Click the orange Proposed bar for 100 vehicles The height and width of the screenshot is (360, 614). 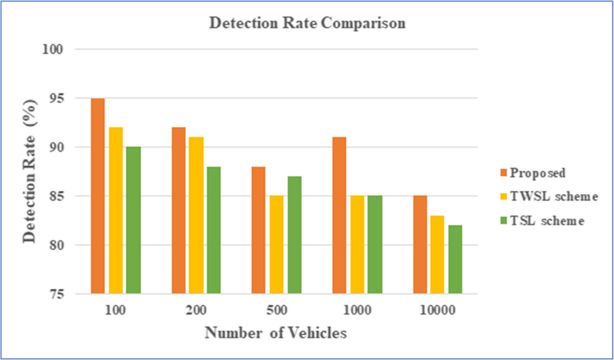click(x=98, y=196)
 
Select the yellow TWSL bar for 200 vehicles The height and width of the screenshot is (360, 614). click(x=197, y=215)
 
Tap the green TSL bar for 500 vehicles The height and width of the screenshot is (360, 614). click(x=294, y=235)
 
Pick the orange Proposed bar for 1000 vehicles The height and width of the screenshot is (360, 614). click(x=339, y=215)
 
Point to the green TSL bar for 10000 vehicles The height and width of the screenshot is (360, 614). click(x=455, y=260)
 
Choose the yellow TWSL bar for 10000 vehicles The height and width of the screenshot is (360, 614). click(x=437, y=255)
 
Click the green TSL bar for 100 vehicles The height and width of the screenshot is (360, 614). click(x=133, y=220)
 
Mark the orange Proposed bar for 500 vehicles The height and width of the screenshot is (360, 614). click(x=258, y=230)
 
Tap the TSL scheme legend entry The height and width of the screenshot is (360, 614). click(x=547, y=220)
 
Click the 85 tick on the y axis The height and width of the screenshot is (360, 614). click(x=59, y=196)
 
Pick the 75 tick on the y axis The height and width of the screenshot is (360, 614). click(x=59, y=294)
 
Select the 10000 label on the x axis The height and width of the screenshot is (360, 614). click(x=438, y=310)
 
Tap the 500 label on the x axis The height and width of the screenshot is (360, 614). click(x=276, y=310)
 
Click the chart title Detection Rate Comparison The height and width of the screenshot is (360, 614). click(x=307, y=24)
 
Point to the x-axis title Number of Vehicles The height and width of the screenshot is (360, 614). click(x=276, y=333)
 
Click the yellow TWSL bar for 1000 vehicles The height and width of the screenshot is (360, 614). click(x=357, y=245)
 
